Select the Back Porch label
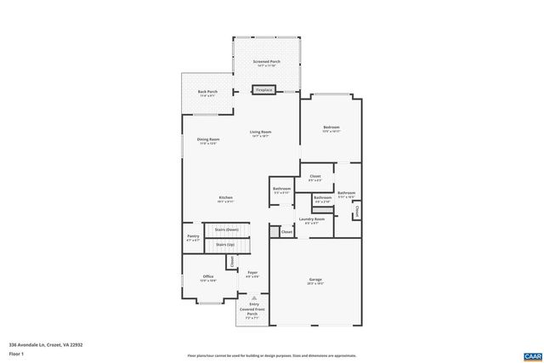tap(207, 93)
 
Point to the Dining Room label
tap(208, 140)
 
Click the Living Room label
tap(260, 133)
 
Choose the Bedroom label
tap(331, 128)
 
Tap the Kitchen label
tap(225, 198)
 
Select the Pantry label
tap(193, 238)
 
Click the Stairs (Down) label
tap(225, 230)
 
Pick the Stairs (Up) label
tap(225, 245)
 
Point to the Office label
tap(208, 277)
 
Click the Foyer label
tap(252, 274)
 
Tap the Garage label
tap(315, 280)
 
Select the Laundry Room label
tap(312, 220)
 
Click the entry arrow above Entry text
tap(253, 297)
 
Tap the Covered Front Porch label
tap(253, 311)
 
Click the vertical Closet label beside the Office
tap(232, 262)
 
